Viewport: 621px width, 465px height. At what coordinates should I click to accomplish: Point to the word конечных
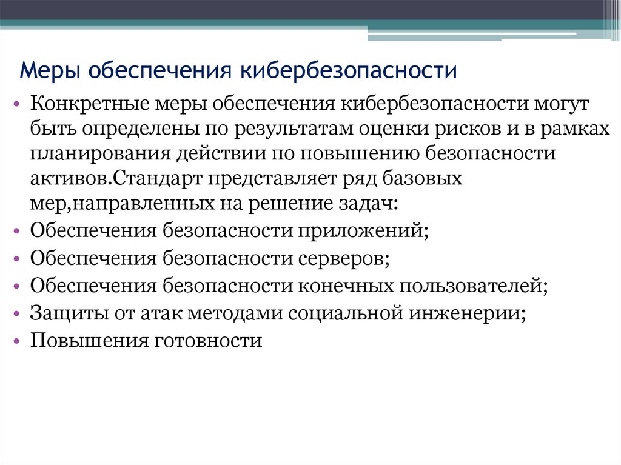pos(343,286)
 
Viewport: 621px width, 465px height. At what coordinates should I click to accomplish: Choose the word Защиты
pos(64,313)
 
